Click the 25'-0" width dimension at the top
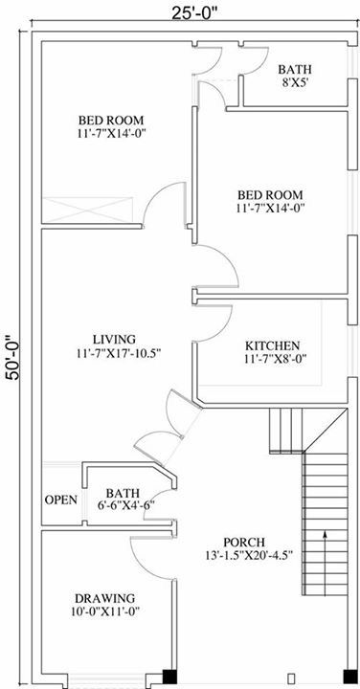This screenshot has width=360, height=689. pos(194,13)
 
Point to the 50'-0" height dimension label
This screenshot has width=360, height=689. pos(14,357)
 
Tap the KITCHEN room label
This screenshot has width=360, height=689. pos(273,345)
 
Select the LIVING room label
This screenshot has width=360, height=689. pos(114,339)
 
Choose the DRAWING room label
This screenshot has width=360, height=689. pos(104,598)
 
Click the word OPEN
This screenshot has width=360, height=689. pos(61,500)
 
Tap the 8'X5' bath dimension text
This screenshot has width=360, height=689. pos(295,82)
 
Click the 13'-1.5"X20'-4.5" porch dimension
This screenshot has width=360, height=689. pos(249,555)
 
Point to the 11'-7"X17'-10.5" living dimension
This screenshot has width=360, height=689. pos(118,352)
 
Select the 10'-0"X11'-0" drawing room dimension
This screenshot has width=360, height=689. pos(104,611)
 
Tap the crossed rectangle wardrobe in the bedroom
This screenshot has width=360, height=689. pos(87,210)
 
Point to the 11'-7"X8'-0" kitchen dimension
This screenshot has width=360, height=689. pos(275,359)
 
